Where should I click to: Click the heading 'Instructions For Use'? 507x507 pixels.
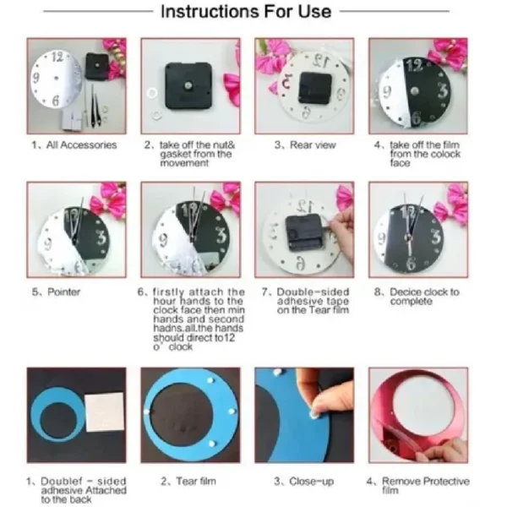(246, 12)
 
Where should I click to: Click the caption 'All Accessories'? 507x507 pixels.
(81, 144)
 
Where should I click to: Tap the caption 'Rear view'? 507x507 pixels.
(313, 144)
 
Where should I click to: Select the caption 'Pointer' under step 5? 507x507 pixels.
(63, 292)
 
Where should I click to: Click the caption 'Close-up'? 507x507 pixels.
(311, 482)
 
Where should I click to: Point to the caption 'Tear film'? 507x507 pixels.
(196, 481)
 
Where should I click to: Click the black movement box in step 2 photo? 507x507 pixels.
(188, 85)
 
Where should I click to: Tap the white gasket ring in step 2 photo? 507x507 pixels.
(151, 94)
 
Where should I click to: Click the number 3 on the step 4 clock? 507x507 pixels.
(443, 90)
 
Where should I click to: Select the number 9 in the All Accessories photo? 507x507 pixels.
(35, 78)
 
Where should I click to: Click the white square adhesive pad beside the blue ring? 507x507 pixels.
(105, 412)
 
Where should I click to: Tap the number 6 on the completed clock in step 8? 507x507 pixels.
(411, 263)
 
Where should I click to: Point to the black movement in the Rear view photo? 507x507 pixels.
(315, 88)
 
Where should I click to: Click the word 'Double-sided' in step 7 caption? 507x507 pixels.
(313, 292)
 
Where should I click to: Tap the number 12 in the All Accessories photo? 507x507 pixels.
(57, 57)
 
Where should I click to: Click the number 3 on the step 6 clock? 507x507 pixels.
(221, 236)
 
